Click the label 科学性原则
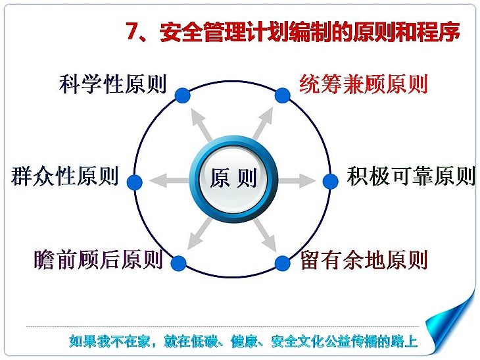click(112, 84)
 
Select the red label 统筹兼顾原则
click(364, 84)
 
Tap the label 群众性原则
click(64, 176)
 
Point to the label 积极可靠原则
click(411, 176)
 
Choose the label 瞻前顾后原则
click(98, 260)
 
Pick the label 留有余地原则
click(364, 260)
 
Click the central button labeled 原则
click(233, 178)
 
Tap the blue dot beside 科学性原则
click(183, 95)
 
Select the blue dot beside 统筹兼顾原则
click(282, 95)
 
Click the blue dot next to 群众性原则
click(135, 182)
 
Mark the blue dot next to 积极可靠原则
click(331, 182)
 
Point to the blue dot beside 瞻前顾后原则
click(178, 263)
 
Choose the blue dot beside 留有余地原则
click(282, 263)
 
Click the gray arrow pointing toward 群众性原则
click(169, 180)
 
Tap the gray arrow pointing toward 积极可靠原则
click(297, 180)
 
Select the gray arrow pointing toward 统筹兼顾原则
click(263, 123)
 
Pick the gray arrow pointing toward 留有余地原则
click(265, 235)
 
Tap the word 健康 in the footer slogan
click(244, 342)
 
